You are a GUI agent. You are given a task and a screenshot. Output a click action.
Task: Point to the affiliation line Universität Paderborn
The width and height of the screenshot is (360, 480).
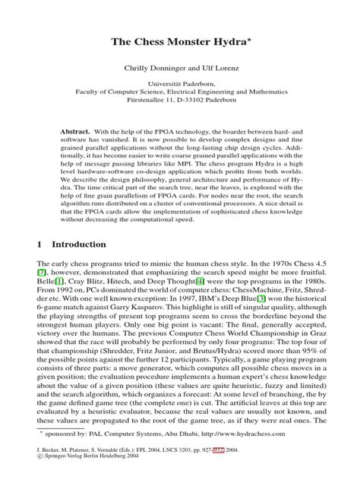[180, 85]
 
